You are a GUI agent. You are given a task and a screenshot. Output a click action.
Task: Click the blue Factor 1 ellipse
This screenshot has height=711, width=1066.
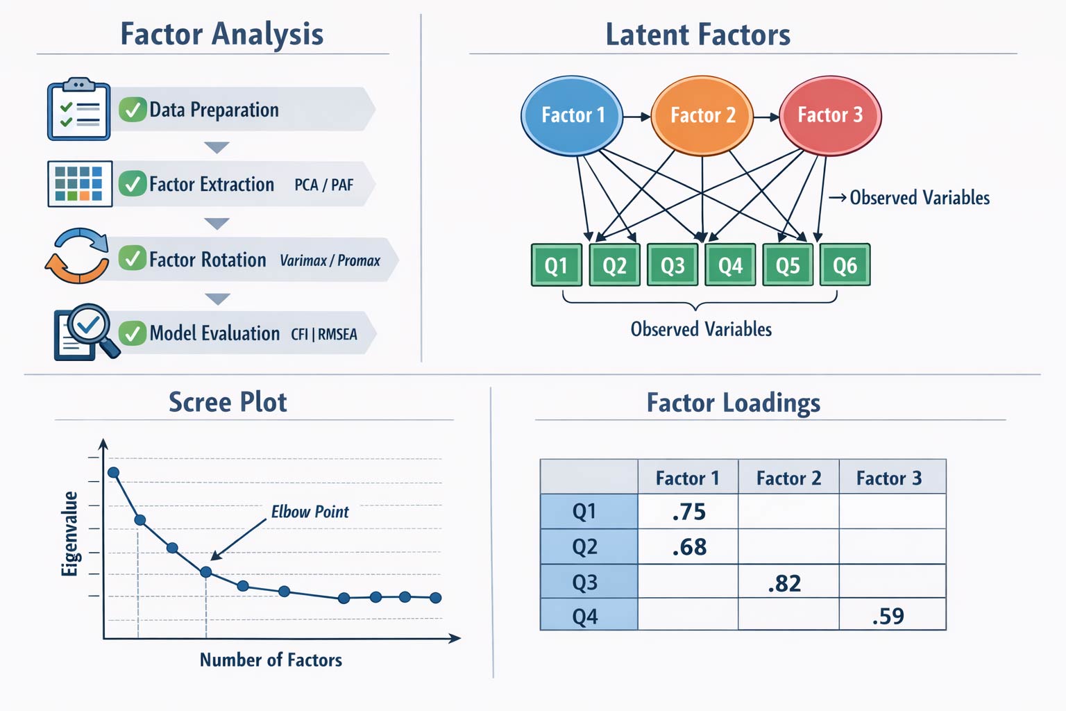(x=572, y=115)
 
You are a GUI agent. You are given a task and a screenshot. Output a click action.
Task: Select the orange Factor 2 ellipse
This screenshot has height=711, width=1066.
(x=702, y=115)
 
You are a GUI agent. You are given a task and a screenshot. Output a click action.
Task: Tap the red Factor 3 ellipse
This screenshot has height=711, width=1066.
(x=830, y=115)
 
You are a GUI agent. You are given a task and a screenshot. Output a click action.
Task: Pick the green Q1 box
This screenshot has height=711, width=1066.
(x=556, y=265)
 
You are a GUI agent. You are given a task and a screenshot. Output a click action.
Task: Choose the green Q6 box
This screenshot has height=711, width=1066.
(x=845, y=265)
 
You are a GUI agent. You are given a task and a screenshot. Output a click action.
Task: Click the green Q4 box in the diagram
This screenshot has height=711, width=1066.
(x=730, y=265)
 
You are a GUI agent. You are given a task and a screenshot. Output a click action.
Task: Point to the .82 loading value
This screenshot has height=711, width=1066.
(x=784, y=583)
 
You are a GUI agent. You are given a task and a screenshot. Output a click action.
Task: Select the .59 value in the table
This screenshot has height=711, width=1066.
(x=888, y=617)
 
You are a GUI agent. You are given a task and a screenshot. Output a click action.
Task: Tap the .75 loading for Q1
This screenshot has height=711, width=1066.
(x=688, y=512)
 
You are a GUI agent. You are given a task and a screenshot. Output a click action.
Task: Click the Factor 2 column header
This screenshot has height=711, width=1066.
(x=788, y=478)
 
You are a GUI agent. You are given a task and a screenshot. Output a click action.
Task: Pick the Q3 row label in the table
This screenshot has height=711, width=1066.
(x=585, y=582)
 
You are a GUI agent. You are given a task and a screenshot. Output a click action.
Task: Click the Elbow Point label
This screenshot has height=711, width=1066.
(x=310, y=512)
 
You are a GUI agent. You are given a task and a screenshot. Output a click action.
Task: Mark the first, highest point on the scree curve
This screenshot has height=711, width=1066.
(x=114, y=473)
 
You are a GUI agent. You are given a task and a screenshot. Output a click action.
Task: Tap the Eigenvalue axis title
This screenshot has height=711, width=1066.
(x=69, y=533)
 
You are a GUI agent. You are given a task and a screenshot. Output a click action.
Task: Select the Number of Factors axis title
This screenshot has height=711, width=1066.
(x=271, y=660)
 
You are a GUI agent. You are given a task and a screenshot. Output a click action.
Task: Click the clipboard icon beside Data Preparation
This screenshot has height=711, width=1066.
(x=78, y=110)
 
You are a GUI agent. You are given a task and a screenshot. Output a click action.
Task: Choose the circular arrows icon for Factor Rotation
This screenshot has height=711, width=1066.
(x=77, y=256)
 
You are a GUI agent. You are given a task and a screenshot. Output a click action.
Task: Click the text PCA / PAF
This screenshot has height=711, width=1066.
(x=323, y=185)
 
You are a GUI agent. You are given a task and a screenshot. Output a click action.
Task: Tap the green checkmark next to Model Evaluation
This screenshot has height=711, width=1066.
(x=132, y=333)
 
